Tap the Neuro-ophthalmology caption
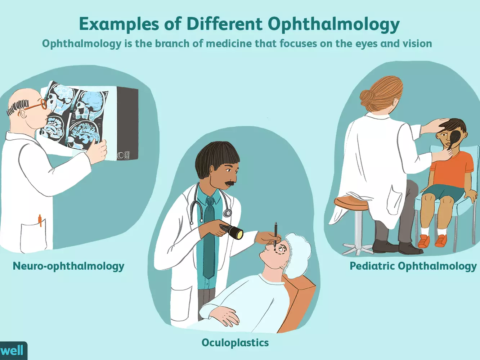68,267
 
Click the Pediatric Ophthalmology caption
413,267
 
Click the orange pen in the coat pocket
40,220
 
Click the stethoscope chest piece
228,212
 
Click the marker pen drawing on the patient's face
276,235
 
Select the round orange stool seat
351,203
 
